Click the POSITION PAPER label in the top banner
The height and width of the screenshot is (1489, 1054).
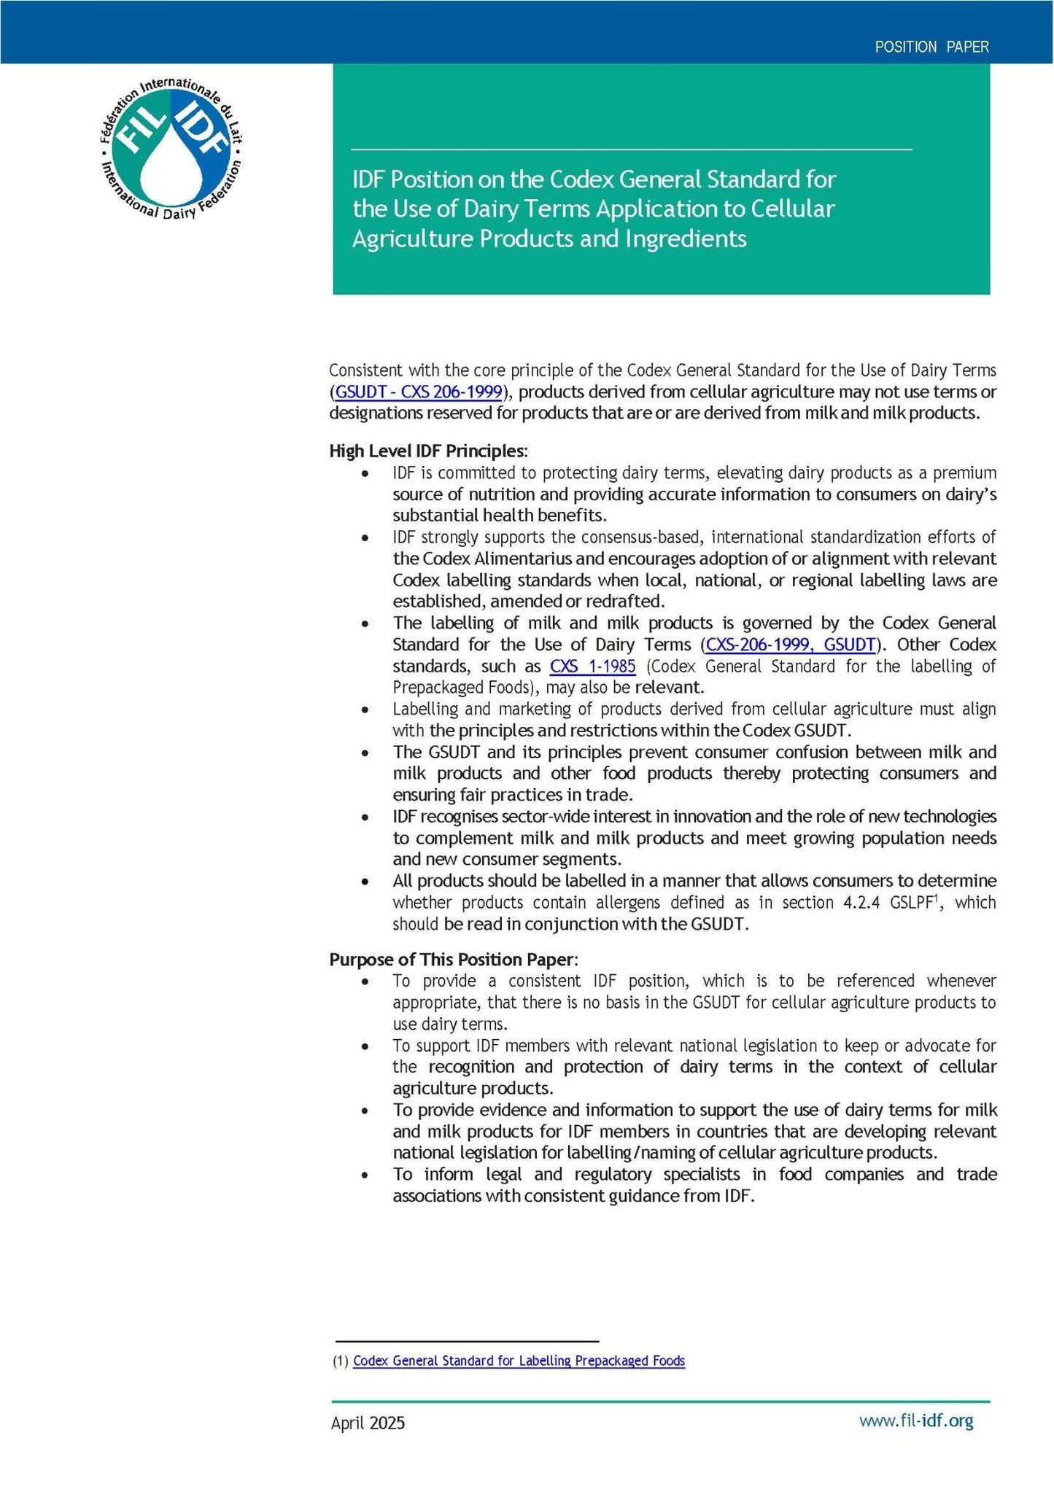click(931, 47)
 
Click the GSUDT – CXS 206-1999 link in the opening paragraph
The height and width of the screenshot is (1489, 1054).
click(419, 392)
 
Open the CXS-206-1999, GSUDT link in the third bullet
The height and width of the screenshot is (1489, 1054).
click(790, 645)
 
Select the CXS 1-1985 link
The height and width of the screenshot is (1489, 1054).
click(592, 666)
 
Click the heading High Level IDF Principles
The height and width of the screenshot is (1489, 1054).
click(427, 451)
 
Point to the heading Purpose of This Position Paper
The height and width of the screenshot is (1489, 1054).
click(452, 959)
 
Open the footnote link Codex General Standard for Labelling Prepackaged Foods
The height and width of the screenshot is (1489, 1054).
click(519, 1361)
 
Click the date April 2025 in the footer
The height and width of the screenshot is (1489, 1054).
click(368, 1423)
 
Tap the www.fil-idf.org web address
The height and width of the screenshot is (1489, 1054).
click(916, 1420)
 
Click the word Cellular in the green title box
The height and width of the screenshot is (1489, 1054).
click(791, 209)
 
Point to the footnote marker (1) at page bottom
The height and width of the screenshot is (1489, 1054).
click(340, 1361)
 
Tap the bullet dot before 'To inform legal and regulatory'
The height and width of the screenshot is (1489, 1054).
click(365, 1175)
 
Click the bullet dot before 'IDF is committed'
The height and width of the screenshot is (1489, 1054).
click(365, 473)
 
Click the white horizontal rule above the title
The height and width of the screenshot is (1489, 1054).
click(631, 149)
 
